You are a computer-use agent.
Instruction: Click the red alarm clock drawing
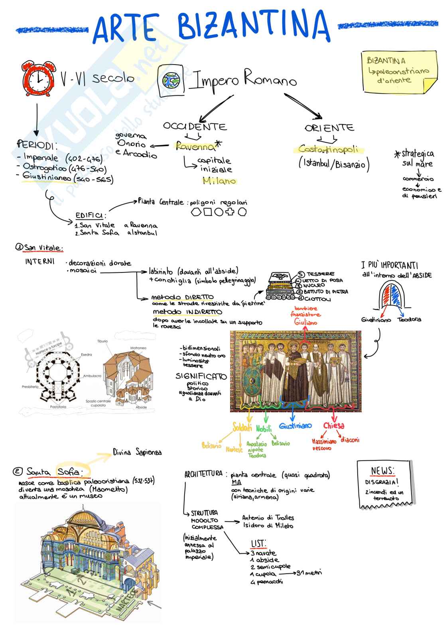tap(39, 78)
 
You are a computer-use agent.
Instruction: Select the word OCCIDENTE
tap(195, 127)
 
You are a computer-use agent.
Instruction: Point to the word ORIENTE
tap(329, 128)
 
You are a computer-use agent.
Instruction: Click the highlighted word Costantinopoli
tap(328, 150)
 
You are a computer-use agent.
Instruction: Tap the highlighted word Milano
tap(219, 181)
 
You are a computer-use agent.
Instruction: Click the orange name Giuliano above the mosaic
tap(306, 322)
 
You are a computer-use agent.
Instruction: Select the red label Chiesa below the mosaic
tap(334, 426)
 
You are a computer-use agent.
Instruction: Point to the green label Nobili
tap(264, 429)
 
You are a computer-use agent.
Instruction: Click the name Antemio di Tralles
tap(268, 518)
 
